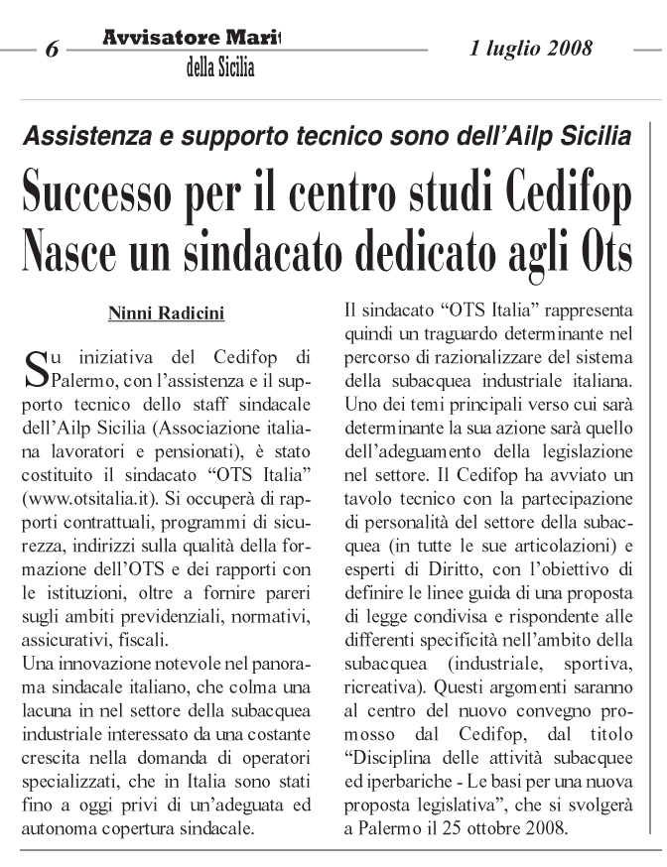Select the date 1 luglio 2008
[530, 47]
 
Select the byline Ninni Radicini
[166, 314]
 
